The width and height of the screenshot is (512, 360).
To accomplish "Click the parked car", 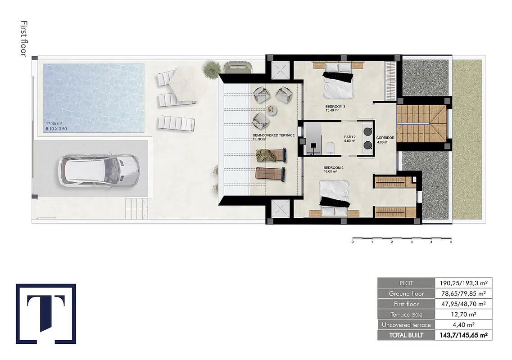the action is pos(99,171).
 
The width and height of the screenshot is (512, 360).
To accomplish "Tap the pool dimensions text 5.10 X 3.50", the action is pos(56,129).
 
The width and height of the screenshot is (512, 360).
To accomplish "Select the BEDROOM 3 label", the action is pos(335,107).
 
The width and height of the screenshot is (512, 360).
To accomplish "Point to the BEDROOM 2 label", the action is pos(333,168).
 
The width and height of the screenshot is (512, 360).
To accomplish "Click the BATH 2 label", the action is pos(350,137).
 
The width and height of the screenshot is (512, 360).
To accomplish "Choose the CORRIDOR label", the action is pos(385,138).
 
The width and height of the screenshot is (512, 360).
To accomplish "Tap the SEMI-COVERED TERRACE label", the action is pos(274,135).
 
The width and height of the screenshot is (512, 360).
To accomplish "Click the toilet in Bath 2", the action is pos(330,148).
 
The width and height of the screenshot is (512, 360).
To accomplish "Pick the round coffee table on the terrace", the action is pos(272,110).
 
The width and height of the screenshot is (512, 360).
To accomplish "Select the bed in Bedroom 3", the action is pos(338,80).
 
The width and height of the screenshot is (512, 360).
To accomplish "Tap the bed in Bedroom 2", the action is pos(335,198).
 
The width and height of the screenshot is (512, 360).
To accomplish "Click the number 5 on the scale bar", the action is pos(451,242).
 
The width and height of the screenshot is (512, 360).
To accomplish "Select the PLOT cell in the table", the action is pos(406,283).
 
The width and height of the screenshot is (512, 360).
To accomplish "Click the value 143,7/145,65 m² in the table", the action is pos(464,335).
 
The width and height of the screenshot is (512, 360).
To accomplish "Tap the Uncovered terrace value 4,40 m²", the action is pos(464,325).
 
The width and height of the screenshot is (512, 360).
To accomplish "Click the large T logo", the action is pos(46,314).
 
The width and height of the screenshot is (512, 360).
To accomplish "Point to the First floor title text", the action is pos(23,39).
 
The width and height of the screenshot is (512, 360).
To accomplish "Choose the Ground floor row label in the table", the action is pos(406,293).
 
